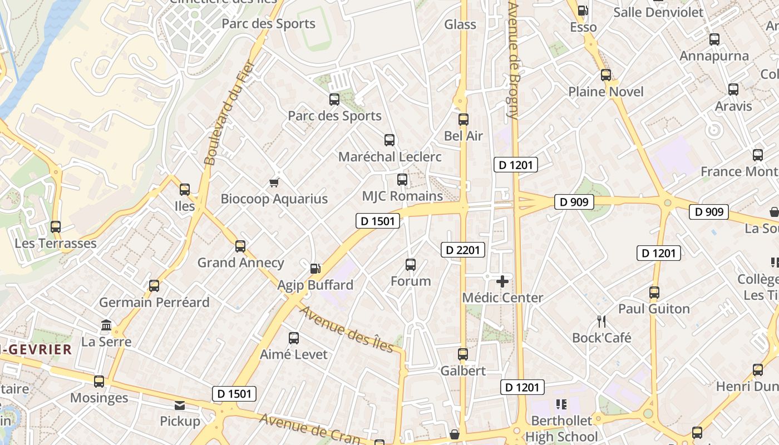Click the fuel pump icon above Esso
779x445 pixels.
(583, 11)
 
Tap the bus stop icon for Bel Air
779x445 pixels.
(464, 120)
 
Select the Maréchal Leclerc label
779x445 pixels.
(389, 157)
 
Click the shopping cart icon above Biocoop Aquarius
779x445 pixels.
(274, 182)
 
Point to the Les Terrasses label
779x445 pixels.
(56, 244)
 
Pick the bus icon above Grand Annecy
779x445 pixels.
(240, 246)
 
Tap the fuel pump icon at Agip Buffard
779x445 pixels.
(315, 269)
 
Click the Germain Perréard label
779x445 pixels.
(154, 303)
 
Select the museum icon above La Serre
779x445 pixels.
(106, 325)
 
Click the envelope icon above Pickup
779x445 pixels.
(180, 405)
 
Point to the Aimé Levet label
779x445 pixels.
(294, 354)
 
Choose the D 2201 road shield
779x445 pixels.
(463, 250)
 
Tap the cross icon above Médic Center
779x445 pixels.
(502, 281)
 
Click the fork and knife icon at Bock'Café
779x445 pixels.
(601, 322)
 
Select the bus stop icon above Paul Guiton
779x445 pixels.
(654, 292)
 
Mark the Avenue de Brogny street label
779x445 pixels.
(513, 60)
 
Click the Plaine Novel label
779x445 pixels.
(605, 92)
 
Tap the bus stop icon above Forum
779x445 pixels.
(411, 265)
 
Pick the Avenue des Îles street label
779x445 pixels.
(347, 329)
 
